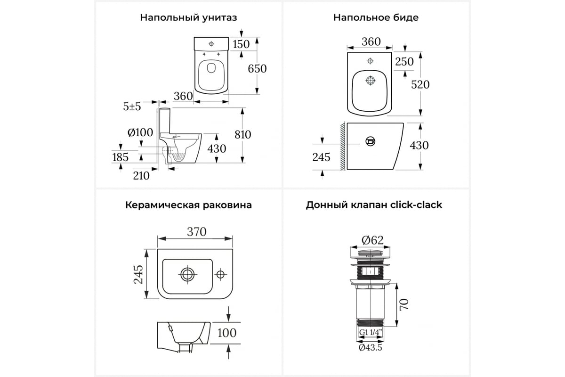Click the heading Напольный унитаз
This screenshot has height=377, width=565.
tap(188, 18)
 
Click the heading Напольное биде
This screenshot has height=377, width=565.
tap(376, 17)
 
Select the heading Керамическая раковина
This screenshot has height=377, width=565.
tap(188, 205)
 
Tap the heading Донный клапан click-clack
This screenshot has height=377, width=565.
tap(374, 205)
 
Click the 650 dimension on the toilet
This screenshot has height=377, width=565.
tap(257, 69)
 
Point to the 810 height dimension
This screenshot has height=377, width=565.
tap(242, 135)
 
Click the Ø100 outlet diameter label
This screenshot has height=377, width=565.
tap(140, 132)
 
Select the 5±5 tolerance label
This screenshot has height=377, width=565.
tap(132, 107)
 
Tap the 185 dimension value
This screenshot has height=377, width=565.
tap(121, 157)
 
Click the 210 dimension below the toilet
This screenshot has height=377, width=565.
tap(141, 176)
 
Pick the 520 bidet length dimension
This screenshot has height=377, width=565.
tap(420, 85)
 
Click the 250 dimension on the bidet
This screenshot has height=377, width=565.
tap(404, 62)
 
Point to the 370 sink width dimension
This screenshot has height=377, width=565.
tap(197, 232)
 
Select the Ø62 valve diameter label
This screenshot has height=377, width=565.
tap(372, 240)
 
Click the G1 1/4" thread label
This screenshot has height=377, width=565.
tap(370, 332)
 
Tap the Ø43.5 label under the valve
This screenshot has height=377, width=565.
tap(370, 348)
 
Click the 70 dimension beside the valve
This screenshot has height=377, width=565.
tap(404, 304)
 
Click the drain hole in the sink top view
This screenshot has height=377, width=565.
tap(187, 274)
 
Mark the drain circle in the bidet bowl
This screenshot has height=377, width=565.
tap(370, 81)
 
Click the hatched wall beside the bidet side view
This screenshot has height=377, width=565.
tap(343, 146)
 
